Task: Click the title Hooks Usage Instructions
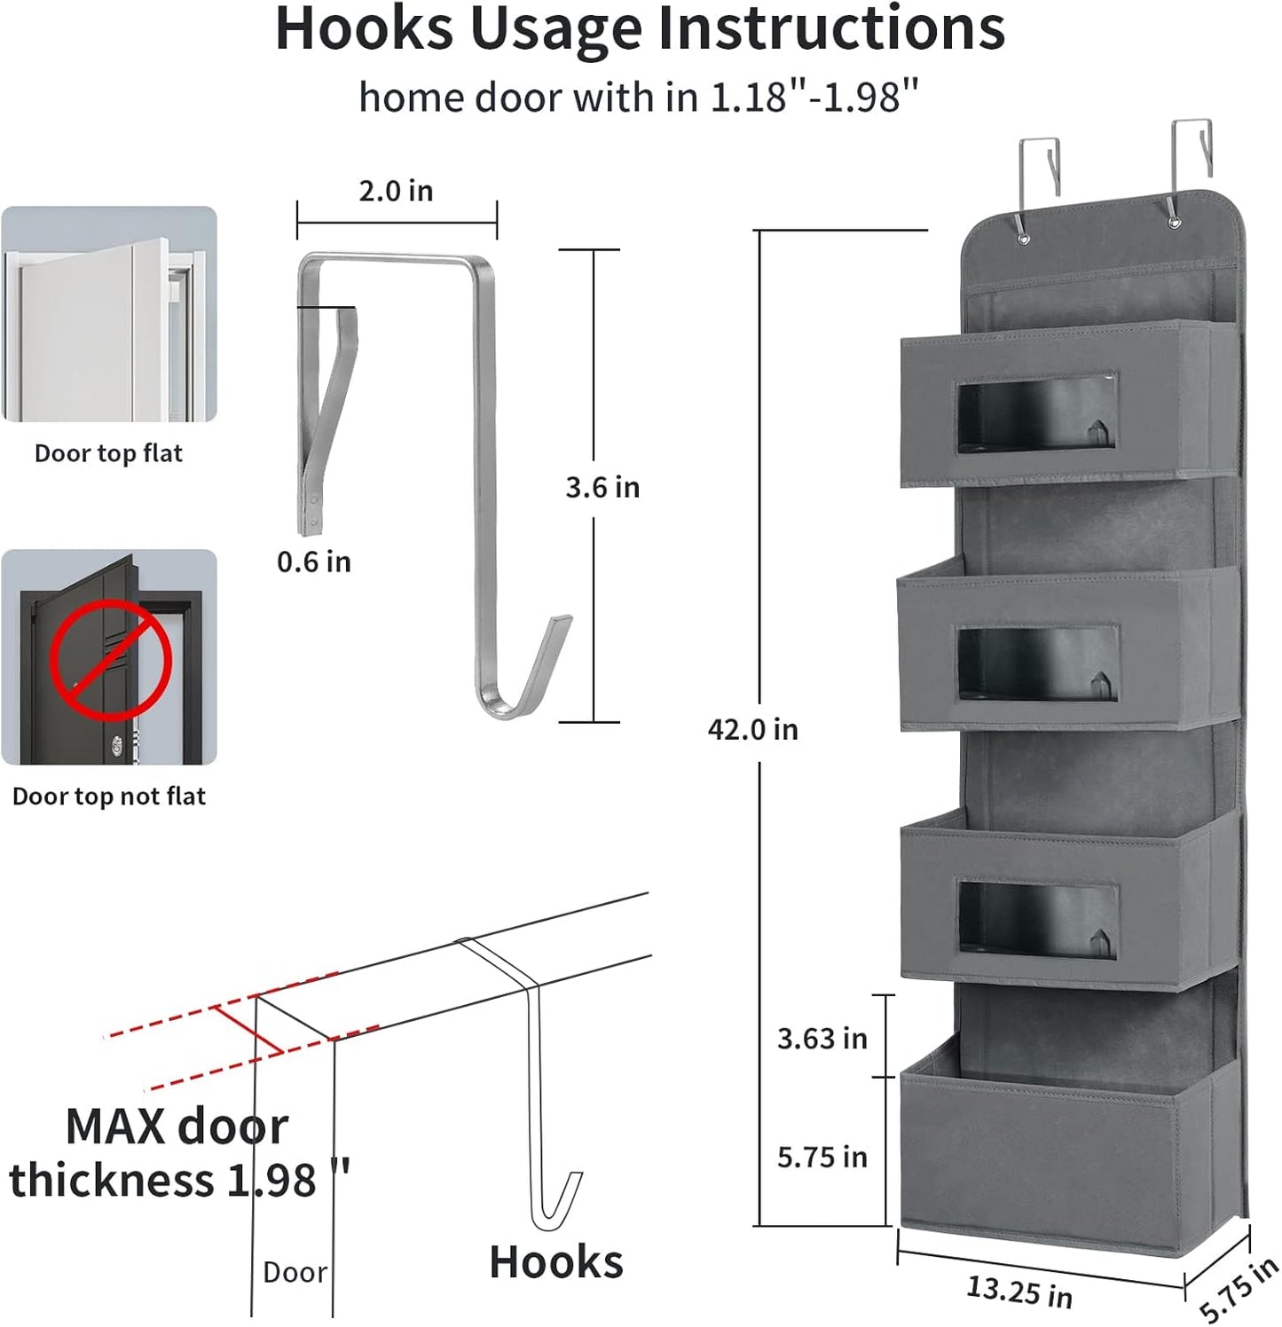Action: (x=640, y=30)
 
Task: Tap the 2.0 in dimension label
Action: (x=396, y=191)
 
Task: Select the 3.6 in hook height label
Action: (x=602, y=487)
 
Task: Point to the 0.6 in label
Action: (x=314, y=561)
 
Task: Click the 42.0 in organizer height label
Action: (x=752, y=729)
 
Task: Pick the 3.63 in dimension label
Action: (x=822, y=1039)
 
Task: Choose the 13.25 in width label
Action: (x=1019, y=1292)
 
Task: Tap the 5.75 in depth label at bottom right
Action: (x=1239, y=1290)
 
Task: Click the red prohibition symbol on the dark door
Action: (x=110, y=658)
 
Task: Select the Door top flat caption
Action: (x=108, y=453)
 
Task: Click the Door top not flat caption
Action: (x=108, y=797)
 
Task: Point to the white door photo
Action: (x=108, y=314)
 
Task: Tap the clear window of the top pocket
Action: (x=1035, y=413)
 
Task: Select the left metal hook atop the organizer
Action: (x=1040, y=169)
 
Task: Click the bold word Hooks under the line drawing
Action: (x=556, y=1261)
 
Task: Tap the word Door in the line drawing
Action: (x=295, y=1272)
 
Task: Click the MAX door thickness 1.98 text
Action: (x=177, y=1153)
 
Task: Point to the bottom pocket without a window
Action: (x=1056, y=1153)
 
